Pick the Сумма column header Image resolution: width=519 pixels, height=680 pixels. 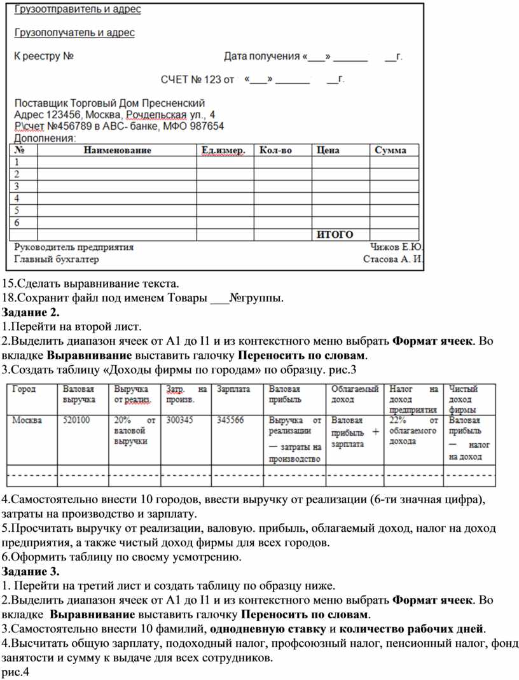[391, 151]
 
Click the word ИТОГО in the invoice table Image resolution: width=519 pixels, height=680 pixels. [335, 235]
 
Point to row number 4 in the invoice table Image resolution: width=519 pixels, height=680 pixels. [17, 198]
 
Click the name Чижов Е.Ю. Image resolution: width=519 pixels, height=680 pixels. [397, 247]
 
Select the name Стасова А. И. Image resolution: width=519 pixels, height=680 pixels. [392, 260]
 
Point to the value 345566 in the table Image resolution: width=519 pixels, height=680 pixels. [230, 420]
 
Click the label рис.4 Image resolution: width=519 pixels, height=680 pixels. [16, 672]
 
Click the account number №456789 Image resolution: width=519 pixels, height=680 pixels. [73, 126]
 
